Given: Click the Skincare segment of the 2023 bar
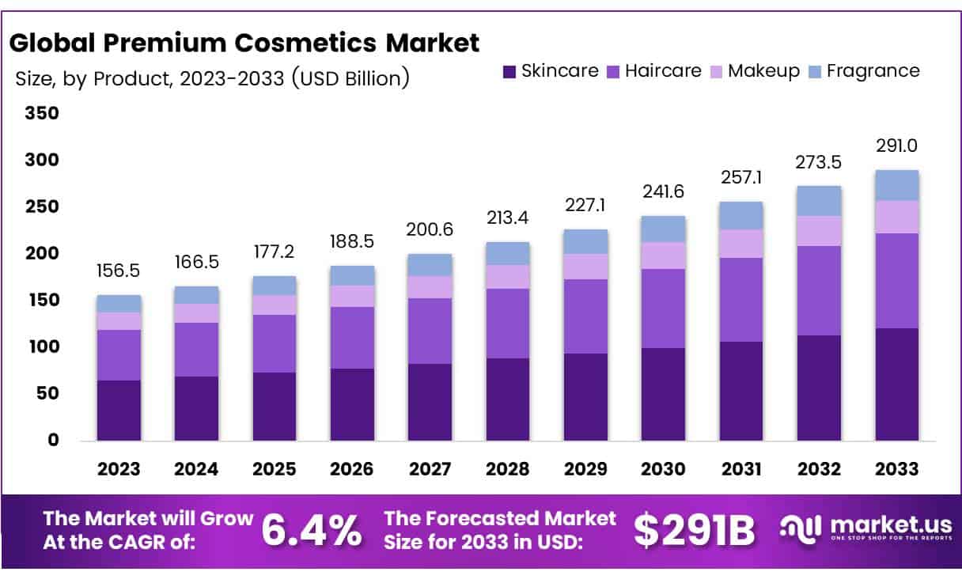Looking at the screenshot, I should coord(119,410).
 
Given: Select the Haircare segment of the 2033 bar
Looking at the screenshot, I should coord(896,280).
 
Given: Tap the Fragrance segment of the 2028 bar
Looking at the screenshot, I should coord(508,253).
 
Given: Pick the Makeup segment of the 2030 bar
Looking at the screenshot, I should coord(663,255).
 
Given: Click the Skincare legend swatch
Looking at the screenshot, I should coord(509,71).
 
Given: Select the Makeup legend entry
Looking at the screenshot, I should coord(763,70).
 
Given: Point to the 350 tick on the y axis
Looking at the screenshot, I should coord(43,113).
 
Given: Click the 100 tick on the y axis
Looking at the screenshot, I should coord(43,346).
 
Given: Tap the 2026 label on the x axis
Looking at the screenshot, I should coord(352,469).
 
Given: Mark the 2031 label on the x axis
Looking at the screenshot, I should coord(740,469).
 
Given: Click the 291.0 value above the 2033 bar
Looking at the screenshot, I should coord(896,146).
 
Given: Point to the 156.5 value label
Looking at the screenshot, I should coord(119,271).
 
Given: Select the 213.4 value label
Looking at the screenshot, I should coord(508,218).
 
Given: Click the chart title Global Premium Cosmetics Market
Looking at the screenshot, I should coord(244,43).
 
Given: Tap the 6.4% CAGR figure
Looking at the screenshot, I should coord(311,531).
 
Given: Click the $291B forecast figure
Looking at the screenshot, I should coord(694,531).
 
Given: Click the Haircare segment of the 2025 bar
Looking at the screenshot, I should coord(275,343).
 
